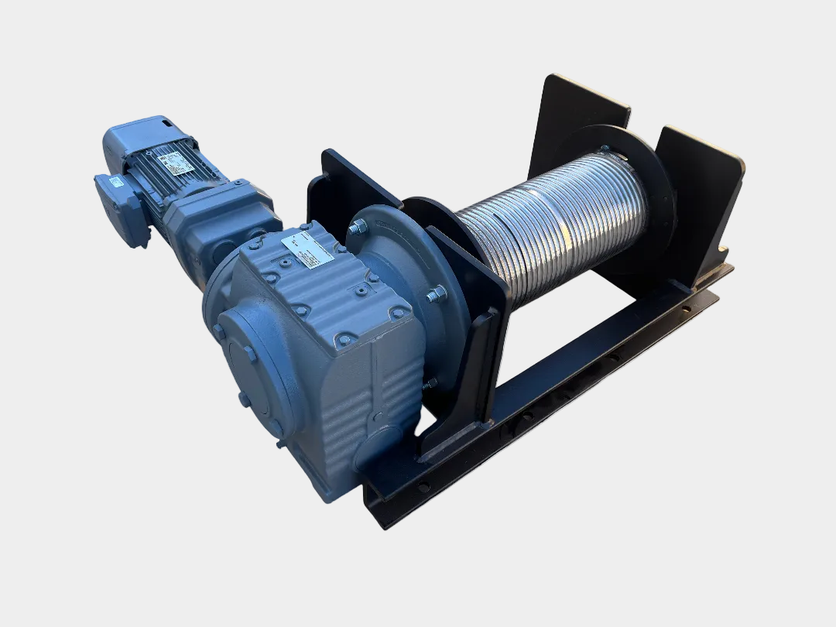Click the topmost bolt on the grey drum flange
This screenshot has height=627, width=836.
point(358,227)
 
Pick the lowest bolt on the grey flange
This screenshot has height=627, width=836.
point(430,383)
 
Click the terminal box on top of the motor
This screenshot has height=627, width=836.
point(142,135)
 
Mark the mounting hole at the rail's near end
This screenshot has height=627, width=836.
point(423,487)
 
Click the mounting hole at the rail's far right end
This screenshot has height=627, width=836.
point(685,308)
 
